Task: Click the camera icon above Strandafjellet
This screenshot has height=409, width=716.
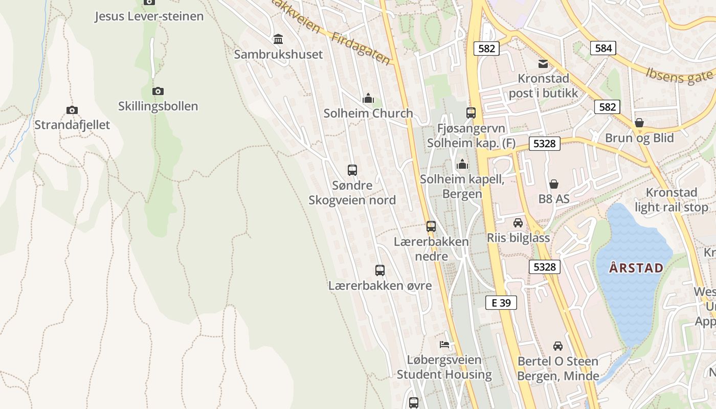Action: pyautogui.click(x=72, y=110)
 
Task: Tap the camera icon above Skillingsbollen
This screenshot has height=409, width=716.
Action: pyautogui.click(x=158, y=91)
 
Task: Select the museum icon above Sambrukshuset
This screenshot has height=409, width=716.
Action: pyautogui.click(x=278, y=39)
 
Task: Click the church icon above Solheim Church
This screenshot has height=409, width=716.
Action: pyautogui.click(x=368, y=98)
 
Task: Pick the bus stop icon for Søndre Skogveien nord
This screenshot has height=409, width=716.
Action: pyautogui.click(x=352, y=170)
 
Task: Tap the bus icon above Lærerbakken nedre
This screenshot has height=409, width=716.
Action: pyautogui.click(x=431, y=226)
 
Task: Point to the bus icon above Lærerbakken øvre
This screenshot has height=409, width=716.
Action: pyautogui.click(x=379, y=270)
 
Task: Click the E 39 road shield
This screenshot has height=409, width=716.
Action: pyautogui.click(x=501, y=303)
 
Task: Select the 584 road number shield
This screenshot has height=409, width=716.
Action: pyautogui.click(x=603, y=48)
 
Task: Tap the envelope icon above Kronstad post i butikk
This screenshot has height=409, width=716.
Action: pyautogui.click(x=543, y=64)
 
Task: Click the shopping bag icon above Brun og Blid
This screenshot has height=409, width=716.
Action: pyautogui.click(x=639, y=123)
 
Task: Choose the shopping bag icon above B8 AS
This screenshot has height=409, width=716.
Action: pyautogui.click(x=553, y=184)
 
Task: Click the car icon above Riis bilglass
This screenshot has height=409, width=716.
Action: pyautogui.click(x=518, y=223)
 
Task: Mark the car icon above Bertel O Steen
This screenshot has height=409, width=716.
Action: pyautogui.click(x=557, y=346)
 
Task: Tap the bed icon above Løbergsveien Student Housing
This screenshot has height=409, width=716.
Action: pyautogui.click(x=444, y=345)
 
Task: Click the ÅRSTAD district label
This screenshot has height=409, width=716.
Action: pyautogui.click(x=636, y=267)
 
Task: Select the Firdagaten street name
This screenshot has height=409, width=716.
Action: pyautogui.click(x=361, y=49)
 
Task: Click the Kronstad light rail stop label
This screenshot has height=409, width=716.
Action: pyautogui.click(x=672, y=200)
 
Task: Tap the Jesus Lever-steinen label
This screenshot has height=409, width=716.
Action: pyautogui.click(x=149, y=16)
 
